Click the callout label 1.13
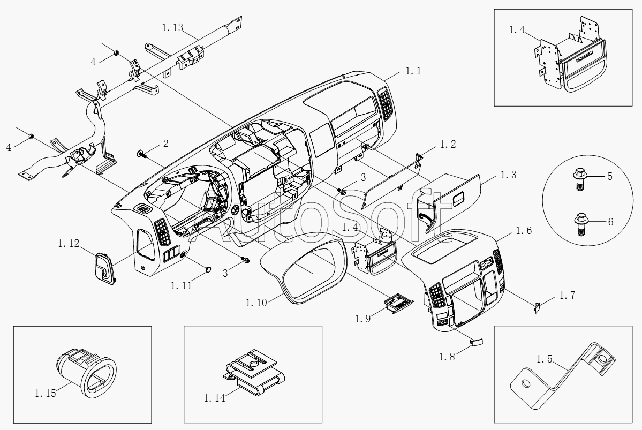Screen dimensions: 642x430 click(x=172, y=28)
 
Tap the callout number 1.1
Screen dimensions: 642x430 click(x=413, y=71)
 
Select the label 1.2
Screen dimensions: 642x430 click(x=448, y=144)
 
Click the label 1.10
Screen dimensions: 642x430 click(x=256, y=303)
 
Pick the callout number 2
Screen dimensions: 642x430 click(x=165, y=144)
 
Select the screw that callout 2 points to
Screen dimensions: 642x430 click(x=142, y=154)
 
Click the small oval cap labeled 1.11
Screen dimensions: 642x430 click(x=209, y=269)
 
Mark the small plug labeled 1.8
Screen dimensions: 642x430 click(x=476, y=342)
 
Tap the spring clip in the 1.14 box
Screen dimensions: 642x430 click(x=253, y=373)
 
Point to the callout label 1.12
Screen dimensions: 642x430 click(x=69, y=244)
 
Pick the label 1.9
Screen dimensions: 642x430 click(x=363, y=319)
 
